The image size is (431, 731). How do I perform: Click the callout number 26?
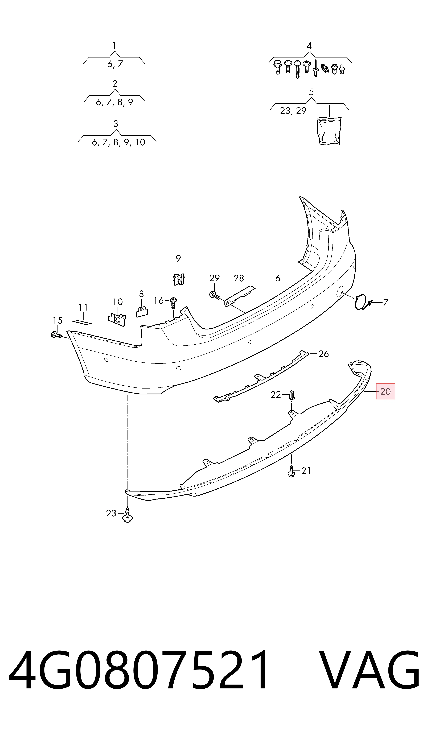[x=323, y=354]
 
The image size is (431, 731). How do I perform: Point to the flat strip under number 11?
[x=82, y=322]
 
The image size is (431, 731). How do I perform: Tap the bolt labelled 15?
[x=56, y=335]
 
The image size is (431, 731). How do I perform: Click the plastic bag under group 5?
[x=330, y=130]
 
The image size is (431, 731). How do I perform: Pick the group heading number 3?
[x=116, y=124]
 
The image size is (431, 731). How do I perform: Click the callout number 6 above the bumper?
[x=278, y=278]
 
